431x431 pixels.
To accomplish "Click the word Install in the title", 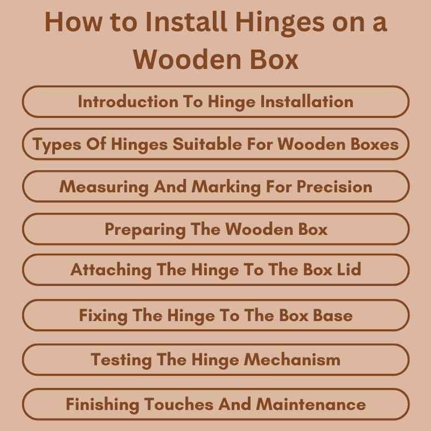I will (178, 23).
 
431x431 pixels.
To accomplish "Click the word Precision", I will (335, 186).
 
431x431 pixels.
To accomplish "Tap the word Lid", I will (349, 269).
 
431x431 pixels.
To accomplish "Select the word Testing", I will (116, 359).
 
